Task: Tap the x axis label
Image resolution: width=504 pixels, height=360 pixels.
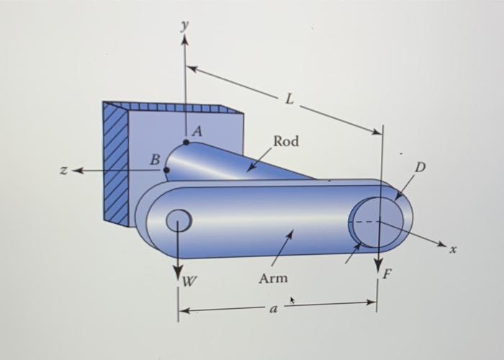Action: pyautogui.click(x=454, y=250)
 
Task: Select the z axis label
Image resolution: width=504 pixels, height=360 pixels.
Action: pyautogui.click(x=64, y=171)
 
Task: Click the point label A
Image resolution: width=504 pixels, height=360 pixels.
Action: pyautogui.click(x=197, y=132)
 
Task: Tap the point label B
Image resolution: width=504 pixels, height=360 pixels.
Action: pyautogui.click(x=154, y=160)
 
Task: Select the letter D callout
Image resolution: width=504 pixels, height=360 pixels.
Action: pyautogui.click(x=420, y=167)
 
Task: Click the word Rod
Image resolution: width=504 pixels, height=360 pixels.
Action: pyautogui.click(x=286, y=141)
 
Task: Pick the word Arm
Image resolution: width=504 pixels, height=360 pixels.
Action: pyautogui.click(x=273, y=278)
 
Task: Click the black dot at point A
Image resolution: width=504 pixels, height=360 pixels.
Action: pyautogui.click(x=186, y=142)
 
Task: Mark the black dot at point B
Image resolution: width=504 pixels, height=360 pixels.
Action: pyautogui.click(x=167, y=171)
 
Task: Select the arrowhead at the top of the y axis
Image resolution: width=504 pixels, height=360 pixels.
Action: pyautogui.click(x=184, y=40)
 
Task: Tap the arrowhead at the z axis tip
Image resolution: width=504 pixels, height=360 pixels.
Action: pyautogui.click(x=77, y=171)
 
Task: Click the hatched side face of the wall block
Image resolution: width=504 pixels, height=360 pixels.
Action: pyautogui.click(x=114, y=162)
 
